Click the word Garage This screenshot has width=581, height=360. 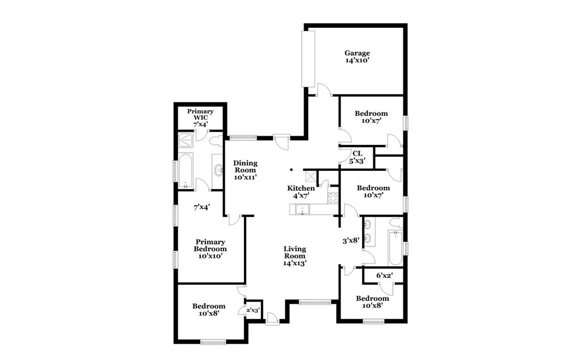coord(357,53)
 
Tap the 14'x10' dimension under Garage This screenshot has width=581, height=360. coord(357,60)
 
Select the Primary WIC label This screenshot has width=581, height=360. coord(200,115)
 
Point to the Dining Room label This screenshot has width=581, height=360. coord(245,166)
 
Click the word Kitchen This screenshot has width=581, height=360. coord(301,189)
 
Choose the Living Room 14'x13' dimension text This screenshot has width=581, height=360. coord(295,263)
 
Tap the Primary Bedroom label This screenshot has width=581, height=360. coord(210,245)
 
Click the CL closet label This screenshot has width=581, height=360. coord(357,153)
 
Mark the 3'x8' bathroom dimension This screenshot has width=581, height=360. coord(351,241)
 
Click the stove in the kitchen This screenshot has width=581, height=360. coord(333,198)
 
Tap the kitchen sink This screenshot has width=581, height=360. coord(303,210)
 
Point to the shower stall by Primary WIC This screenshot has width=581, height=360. coord(186,140)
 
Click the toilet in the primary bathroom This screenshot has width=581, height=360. coord(216,140)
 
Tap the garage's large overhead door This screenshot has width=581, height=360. coord(308,58)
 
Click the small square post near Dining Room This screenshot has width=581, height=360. coord(290,169)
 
